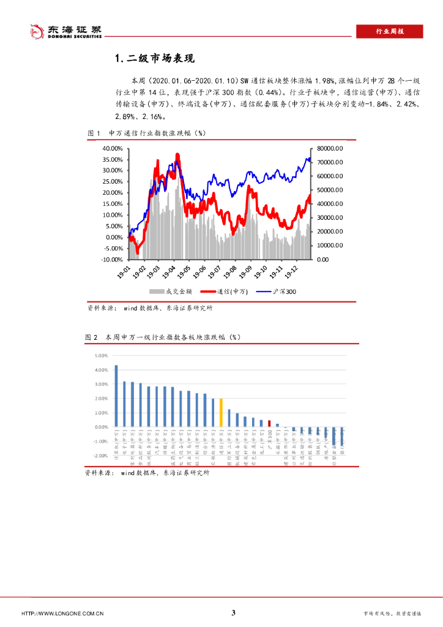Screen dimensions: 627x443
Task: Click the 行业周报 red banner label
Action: pyautogui.click(x=389, y=31)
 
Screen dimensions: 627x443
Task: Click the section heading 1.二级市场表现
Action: pyautogui.click(x=154, y=59)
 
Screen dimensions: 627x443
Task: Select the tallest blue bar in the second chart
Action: pyautogui.click(x=116, y=396)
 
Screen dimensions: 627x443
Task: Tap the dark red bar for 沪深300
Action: pyautogui.click(x=269, y=423)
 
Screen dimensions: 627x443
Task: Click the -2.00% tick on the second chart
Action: pyautogui.click(x=99, y=456)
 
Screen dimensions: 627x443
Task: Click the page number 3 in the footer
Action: pyautogui.click(x=233, y=613)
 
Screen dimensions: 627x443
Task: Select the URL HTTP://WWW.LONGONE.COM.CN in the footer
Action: pyautogui.click(x=62, y=614)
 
